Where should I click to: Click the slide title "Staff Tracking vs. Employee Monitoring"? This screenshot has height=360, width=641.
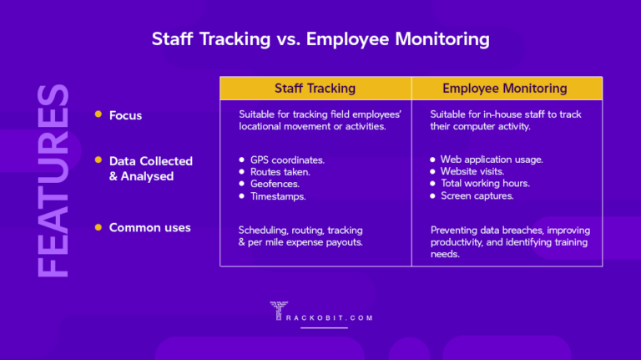[320, 39]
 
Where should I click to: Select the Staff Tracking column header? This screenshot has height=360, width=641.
[315, 88]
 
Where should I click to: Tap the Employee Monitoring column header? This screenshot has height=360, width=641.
[505, 88]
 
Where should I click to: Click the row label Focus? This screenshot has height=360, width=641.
[125, 115]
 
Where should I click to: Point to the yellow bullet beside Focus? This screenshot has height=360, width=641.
[98, 114]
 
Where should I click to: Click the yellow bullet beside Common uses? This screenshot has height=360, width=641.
[98, 227]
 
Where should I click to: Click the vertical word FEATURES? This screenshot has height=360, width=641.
[53, 180]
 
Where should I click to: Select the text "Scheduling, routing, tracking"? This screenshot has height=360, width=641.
[300, 230]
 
